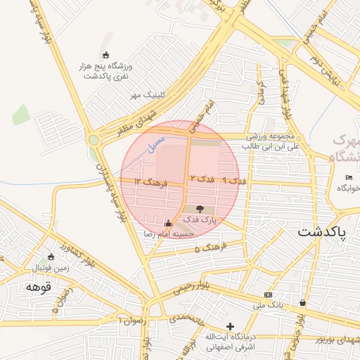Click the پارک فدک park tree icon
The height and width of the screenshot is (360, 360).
pyautogui.click(x=200, y=209)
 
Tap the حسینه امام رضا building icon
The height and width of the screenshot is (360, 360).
pyautogui.click(x=167, y=224)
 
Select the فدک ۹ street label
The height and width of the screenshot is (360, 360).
pyautogui.click(x=234, y=181)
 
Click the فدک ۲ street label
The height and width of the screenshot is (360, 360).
pyautogui.click(x=200, y=180)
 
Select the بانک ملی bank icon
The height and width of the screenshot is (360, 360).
pyautogui.click(x=267, y=294)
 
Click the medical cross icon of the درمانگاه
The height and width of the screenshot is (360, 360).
pyautogui.click(x=230, y=326)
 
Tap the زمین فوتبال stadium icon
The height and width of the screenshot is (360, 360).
pyautogui.click(x=50, y=257)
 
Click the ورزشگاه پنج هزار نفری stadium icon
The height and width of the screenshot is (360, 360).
pyautogui.click(x=105, y=56)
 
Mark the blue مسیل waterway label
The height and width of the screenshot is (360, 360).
pyautogui.click(x=154, y=144)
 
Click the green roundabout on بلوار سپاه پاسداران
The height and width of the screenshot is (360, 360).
pyautogui.click(x=94, y=140)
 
